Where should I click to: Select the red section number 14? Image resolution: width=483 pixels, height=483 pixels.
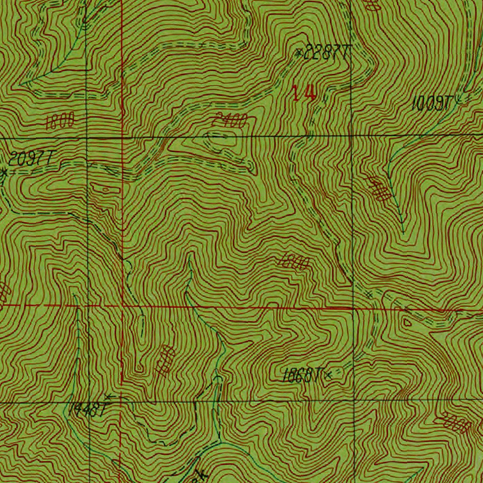click(303, 93)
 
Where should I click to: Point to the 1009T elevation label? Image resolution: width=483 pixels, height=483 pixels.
click(433, 103)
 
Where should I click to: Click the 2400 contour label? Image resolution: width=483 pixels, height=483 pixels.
click(228, 121)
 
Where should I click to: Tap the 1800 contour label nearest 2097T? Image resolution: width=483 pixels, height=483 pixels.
click(60, 122)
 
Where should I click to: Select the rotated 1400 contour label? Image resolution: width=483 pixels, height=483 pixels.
click(379, 189)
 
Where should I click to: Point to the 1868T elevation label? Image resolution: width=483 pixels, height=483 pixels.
click(302, 376)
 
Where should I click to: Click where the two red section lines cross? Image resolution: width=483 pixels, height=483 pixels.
click(123, 306)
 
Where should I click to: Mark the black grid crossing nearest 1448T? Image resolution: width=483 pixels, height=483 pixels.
click(89, 402)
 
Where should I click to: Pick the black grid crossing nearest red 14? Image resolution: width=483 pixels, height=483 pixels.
click(352, 136)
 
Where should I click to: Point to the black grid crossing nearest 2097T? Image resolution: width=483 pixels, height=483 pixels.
click(88, 138)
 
